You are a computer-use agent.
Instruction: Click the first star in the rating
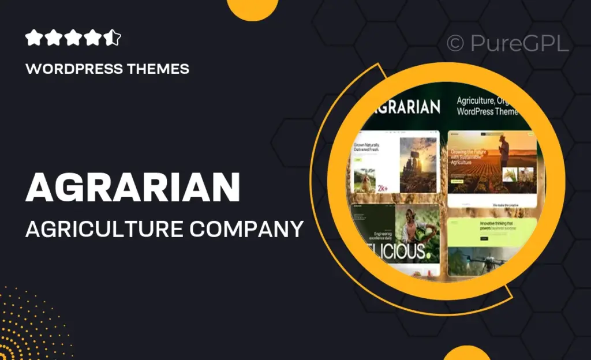tap(33, 39)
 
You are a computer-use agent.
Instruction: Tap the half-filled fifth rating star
tap(113, 39)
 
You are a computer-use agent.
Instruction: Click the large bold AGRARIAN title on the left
tap(132, 187)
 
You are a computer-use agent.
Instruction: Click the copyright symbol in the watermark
tap(455, 44)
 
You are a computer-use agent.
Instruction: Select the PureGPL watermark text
tap(519, 44)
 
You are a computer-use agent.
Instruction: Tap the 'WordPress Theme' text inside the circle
tap(488, 111)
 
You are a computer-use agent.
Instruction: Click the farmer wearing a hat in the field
tap(504, 151)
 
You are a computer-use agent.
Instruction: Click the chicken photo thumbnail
tap(364, 180)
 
